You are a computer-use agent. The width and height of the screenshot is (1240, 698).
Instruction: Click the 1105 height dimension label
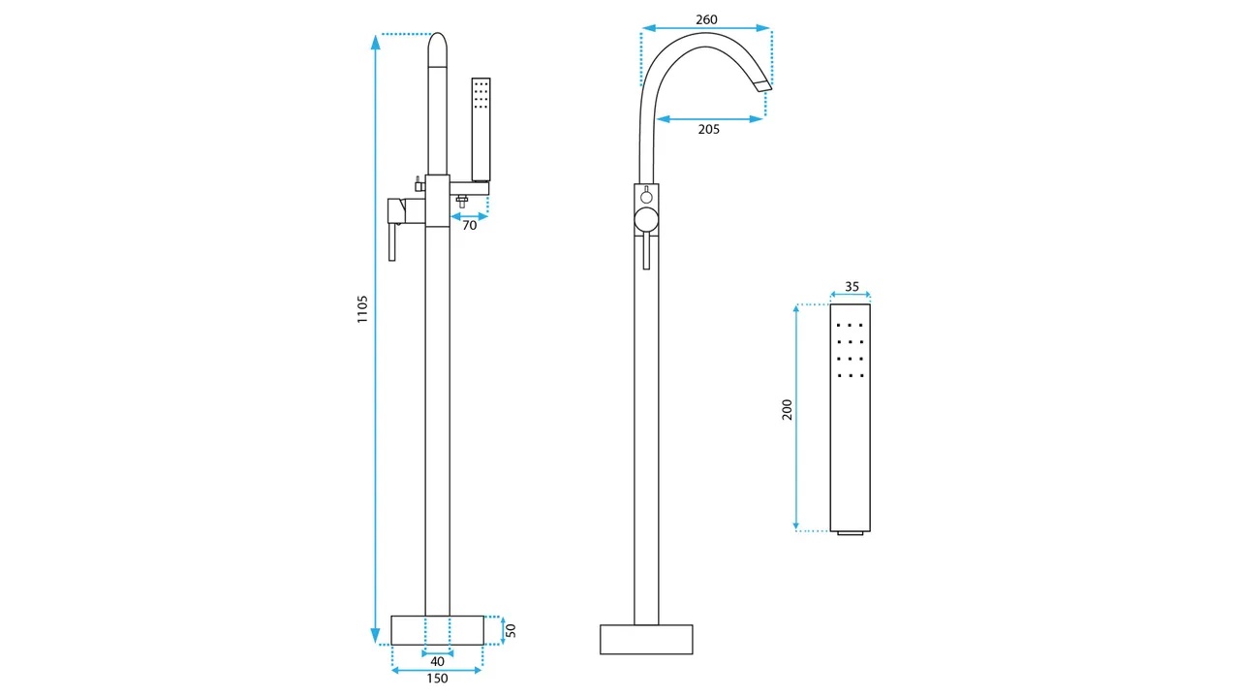coord(362,309)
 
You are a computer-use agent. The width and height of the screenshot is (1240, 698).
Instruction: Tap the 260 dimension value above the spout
coord(706,19)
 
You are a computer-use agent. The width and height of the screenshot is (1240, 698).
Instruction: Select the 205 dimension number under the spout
coord(708,129)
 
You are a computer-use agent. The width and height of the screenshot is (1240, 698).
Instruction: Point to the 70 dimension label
coord(470,226)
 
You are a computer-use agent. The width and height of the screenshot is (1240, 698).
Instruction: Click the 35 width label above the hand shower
coord(852,286)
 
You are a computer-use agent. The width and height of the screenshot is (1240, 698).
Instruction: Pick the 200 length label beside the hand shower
coord(788,409)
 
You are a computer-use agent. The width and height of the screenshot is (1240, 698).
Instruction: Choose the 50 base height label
coord(511,630)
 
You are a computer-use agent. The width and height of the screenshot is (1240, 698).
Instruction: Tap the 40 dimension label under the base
coord(437,661)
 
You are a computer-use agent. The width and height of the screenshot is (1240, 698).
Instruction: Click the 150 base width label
coord(437,678)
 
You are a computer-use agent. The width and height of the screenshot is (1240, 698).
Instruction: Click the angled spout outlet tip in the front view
coord(764,84)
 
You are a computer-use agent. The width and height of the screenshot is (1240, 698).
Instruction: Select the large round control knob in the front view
coord(646,219)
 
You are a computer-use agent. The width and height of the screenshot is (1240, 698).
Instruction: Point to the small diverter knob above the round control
coord(646,196)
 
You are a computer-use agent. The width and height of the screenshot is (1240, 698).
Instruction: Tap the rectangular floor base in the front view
coord(646,639)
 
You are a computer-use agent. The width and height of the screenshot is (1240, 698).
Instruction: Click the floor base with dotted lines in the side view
coord(437,630)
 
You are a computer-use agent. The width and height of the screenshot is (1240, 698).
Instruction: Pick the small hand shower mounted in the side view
coord(480,130)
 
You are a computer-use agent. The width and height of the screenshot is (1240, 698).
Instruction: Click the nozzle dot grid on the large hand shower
coord(851,350)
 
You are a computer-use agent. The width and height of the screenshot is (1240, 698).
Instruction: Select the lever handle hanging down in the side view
coord(392,241)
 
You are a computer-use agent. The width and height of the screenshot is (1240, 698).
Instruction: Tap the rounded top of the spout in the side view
coord(437,48)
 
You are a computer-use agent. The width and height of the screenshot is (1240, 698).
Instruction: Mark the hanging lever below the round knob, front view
coord(646,250)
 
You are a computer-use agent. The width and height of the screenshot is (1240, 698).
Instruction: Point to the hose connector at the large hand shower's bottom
coord(851,533)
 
